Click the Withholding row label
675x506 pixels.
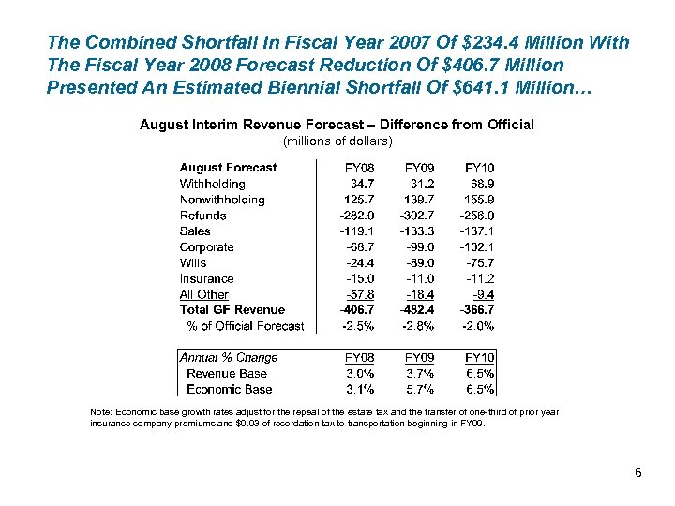pos(212,184)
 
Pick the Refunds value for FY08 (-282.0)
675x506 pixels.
pos(356,216)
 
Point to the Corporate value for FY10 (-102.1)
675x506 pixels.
pos(476,247)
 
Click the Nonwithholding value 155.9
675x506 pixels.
pos(479,200)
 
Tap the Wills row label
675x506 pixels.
pos(193,263)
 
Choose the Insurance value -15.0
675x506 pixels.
pos(360,278)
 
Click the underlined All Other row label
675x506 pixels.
pos(203,294)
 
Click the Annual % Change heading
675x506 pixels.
pos(229,357)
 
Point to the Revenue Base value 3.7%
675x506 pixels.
pos(421,373)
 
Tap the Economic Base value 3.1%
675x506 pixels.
pos(361,389)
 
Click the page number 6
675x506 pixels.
pos(637,472)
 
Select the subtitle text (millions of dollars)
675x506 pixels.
pos(337,141)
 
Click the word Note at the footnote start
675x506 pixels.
pos(99,412)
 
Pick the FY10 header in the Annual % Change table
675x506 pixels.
pos(479,357)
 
